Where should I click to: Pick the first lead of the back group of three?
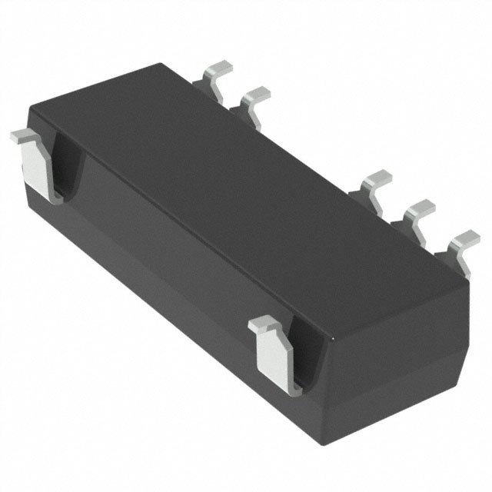377,181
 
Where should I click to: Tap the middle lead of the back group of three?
419,208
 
